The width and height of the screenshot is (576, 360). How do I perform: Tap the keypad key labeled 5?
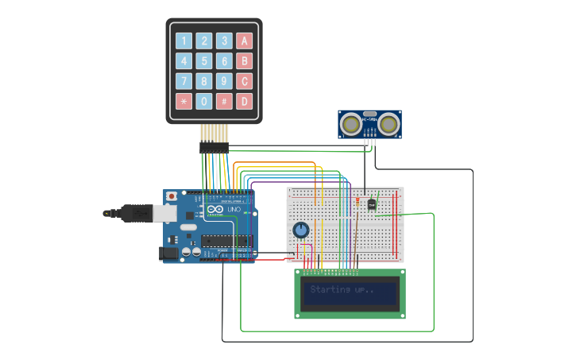pos(204,61)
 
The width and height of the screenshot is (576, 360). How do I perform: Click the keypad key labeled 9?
pos(225,81)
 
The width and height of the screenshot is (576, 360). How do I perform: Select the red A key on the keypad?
pos(245,41)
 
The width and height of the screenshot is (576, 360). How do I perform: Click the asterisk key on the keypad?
pos(184,102)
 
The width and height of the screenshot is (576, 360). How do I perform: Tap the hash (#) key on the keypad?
pos(225,102)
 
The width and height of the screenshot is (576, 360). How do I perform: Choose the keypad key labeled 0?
pos(204,102)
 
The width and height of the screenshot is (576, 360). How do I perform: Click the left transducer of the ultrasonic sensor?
pos(350,124)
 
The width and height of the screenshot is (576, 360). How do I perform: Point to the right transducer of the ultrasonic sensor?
pos(389,124)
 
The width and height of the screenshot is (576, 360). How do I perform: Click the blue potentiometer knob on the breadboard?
pos(300,230)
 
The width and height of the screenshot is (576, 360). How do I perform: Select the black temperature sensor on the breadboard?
pos(372,203)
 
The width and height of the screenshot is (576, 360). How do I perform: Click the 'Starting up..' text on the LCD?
pos(341,290)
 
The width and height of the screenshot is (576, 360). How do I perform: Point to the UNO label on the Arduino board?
pos(234,210)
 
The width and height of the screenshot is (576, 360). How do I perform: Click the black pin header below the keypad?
pos(214,148)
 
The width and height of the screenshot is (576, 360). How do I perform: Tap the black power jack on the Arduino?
pos(169,254)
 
